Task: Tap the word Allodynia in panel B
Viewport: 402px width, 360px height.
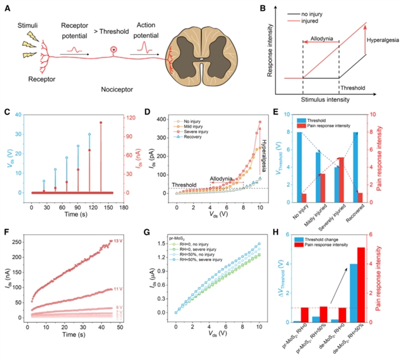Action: (320, 38)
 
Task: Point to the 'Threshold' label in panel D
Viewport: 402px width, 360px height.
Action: (184, 183)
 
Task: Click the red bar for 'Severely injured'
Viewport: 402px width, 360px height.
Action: (340, 179)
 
